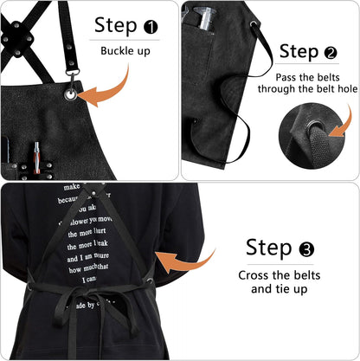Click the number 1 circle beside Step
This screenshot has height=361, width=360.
click(x=151, y=26)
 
